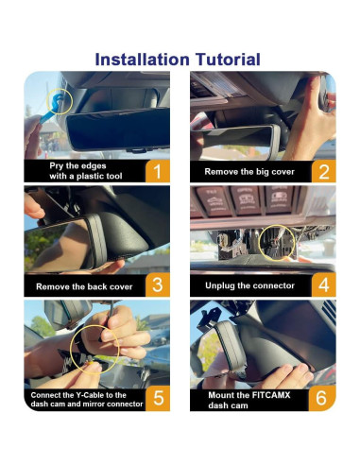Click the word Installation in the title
142,60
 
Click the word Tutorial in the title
228,60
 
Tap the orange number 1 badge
158,171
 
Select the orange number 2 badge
324,171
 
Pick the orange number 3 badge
158,284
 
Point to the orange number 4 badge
324,284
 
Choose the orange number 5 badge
158,398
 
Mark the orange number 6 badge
322,398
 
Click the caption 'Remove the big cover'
249,172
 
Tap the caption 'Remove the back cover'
84,286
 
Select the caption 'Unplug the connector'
249,285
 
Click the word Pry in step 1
57,166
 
